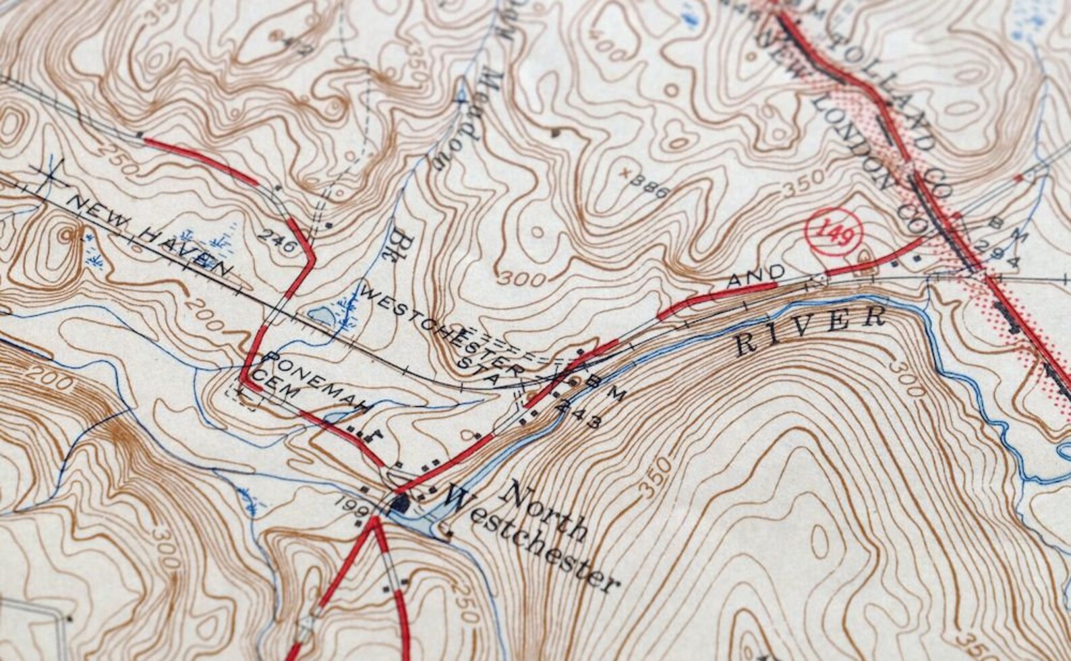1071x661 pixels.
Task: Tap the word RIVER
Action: click(810, 330)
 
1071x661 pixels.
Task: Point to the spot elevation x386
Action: click(645, 183)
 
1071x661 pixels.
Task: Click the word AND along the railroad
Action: click(755, 276)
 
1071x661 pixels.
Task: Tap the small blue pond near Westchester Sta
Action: click(320, 314)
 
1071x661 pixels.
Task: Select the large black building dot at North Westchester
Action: click(402, 502)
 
